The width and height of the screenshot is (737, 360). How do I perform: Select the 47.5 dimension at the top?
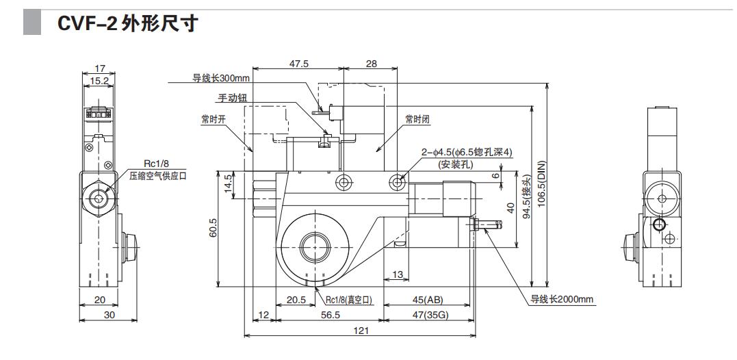[298, 64]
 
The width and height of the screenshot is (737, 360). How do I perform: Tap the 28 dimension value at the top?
[371, 64]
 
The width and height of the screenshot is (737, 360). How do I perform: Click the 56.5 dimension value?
[330, 315]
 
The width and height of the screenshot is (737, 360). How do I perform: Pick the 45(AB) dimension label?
[427, 300]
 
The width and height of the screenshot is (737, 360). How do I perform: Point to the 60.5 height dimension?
[213, 228]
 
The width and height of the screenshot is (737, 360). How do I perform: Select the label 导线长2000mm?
[562, 299]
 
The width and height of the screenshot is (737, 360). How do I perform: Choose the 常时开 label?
[214, 119]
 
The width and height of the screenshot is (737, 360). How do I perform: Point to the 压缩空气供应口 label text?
[158, 176]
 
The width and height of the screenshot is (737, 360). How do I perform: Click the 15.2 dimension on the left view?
[100, 80]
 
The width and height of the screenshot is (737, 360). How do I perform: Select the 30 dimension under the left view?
[109, 315]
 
